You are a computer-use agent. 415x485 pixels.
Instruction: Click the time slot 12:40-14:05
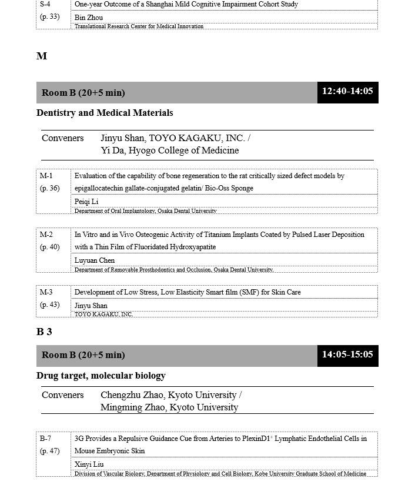(347, 92)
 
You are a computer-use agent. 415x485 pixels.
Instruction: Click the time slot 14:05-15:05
(347, 354)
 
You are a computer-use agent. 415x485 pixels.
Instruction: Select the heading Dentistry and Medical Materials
(105, 112)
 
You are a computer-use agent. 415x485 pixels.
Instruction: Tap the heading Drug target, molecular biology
(101, 375)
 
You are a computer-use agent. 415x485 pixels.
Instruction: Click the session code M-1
(46, 176)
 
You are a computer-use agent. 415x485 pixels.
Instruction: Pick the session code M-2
(46, 235)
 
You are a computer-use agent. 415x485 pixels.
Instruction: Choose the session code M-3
(46, 292)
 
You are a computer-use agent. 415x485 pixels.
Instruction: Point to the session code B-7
(45, 439)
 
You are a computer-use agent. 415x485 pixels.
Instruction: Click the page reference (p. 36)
(50, 188)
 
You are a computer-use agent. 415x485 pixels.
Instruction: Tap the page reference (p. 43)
(50, 305)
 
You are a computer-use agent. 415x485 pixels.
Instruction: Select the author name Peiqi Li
(86, 202)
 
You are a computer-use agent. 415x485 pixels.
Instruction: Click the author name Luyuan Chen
(95, 260)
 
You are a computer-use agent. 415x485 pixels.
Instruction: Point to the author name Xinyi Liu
(89, 464)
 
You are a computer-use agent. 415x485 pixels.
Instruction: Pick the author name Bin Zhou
(89, 18)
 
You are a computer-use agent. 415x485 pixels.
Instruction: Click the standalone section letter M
(42, 56)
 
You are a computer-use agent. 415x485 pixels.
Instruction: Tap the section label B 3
(44, 332)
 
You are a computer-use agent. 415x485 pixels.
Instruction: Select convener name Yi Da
(111, 150)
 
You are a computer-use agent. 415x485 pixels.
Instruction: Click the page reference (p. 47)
(50, 451)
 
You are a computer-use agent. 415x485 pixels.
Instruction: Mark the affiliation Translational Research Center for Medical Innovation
(139, 26)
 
